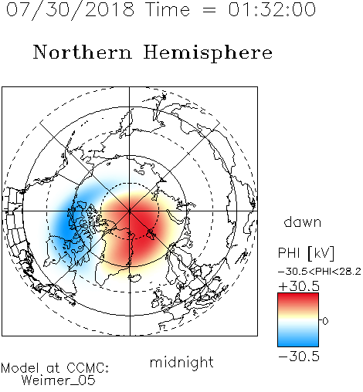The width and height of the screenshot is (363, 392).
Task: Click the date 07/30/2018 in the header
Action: tap(70, 10)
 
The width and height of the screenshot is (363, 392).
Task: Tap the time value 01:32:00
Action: tap(272, 9)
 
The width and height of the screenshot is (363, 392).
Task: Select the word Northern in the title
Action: tap(83, 52)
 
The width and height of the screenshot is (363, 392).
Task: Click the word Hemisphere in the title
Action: tap(208, 53)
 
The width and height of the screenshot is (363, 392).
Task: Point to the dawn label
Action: tap(303, 222)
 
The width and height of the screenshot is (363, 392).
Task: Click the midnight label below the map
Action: tap(181, 362)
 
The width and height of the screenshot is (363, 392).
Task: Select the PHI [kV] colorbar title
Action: tap(306, 253)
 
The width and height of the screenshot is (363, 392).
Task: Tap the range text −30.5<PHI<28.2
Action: tap(320, 272)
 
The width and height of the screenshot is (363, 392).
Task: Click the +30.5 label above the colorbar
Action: tap(299, 286)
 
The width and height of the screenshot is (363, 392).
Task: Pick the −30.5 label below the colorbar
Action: tap(299, 357)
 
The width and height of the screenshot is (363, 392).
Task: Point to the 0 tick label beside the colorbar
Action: tap(325, 321)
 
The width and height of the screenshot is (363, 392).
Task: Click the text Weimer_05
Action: tap(58, 380)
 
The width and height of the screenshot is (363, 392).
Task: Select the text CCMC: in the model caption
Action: tap(87, 368)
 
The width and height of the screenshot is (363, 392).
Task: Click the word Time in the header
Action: tap(168, 9)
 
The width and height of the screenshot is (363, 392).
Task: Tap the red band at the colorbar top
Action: tap(298, 299)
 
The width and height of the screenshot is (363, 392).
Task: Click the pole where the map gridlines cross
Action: tap(130, 211)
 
